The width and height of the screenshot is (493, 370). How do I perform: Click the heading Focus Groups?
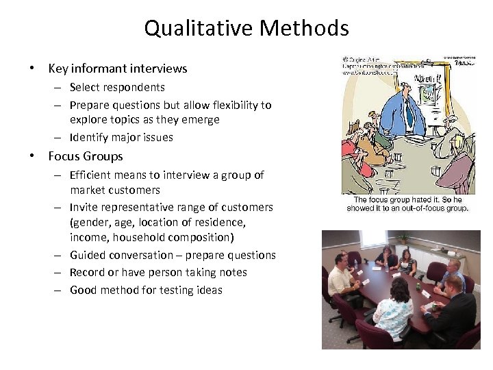86,156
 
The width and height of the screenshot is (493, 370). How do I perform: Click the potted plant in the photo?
403,239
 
